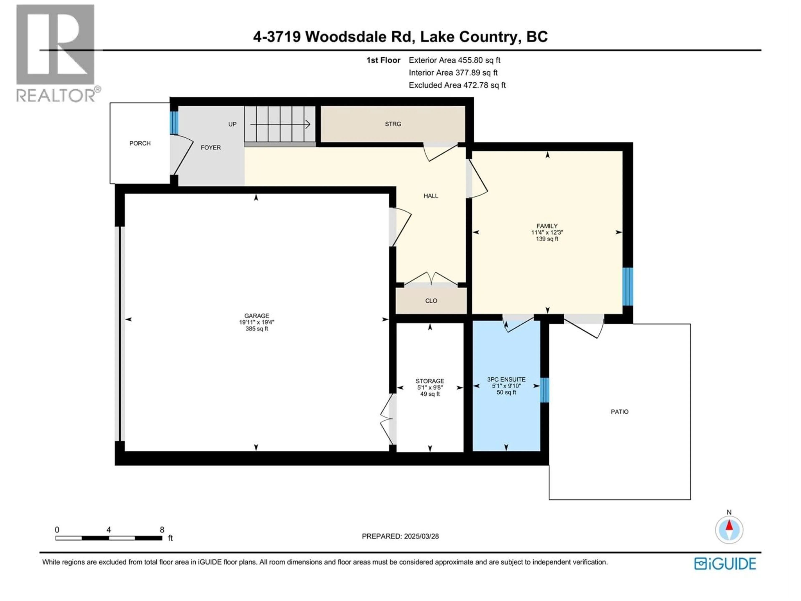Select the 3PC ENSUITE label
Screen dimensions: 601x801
click(506, 379)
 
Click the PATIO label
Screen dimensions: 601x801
click(619, 412)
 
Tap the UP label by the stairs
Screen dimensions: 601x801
click(232, 124)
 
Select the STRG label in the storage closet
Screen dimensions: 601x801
click(393, 124)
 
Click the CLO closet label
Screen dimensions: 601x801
click(431, 301)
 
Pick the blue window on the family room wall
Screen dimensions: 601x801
click(627, 287)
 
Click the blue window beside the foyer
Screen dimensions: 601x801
click(174, 122)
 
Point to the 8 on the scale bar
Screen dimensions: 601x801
click(162, 530)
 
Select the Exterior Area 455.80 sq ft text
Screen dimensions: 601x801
click(455, 60)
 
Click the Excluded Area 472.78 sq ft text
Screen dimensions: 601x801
click(457, 85)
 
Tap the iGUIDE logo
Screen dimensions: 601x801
click(725, 564)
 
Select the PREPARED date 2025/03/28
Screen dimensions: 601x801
click(400, 536)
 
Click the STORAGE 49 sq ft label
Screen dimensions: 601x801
click(430, 394)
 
